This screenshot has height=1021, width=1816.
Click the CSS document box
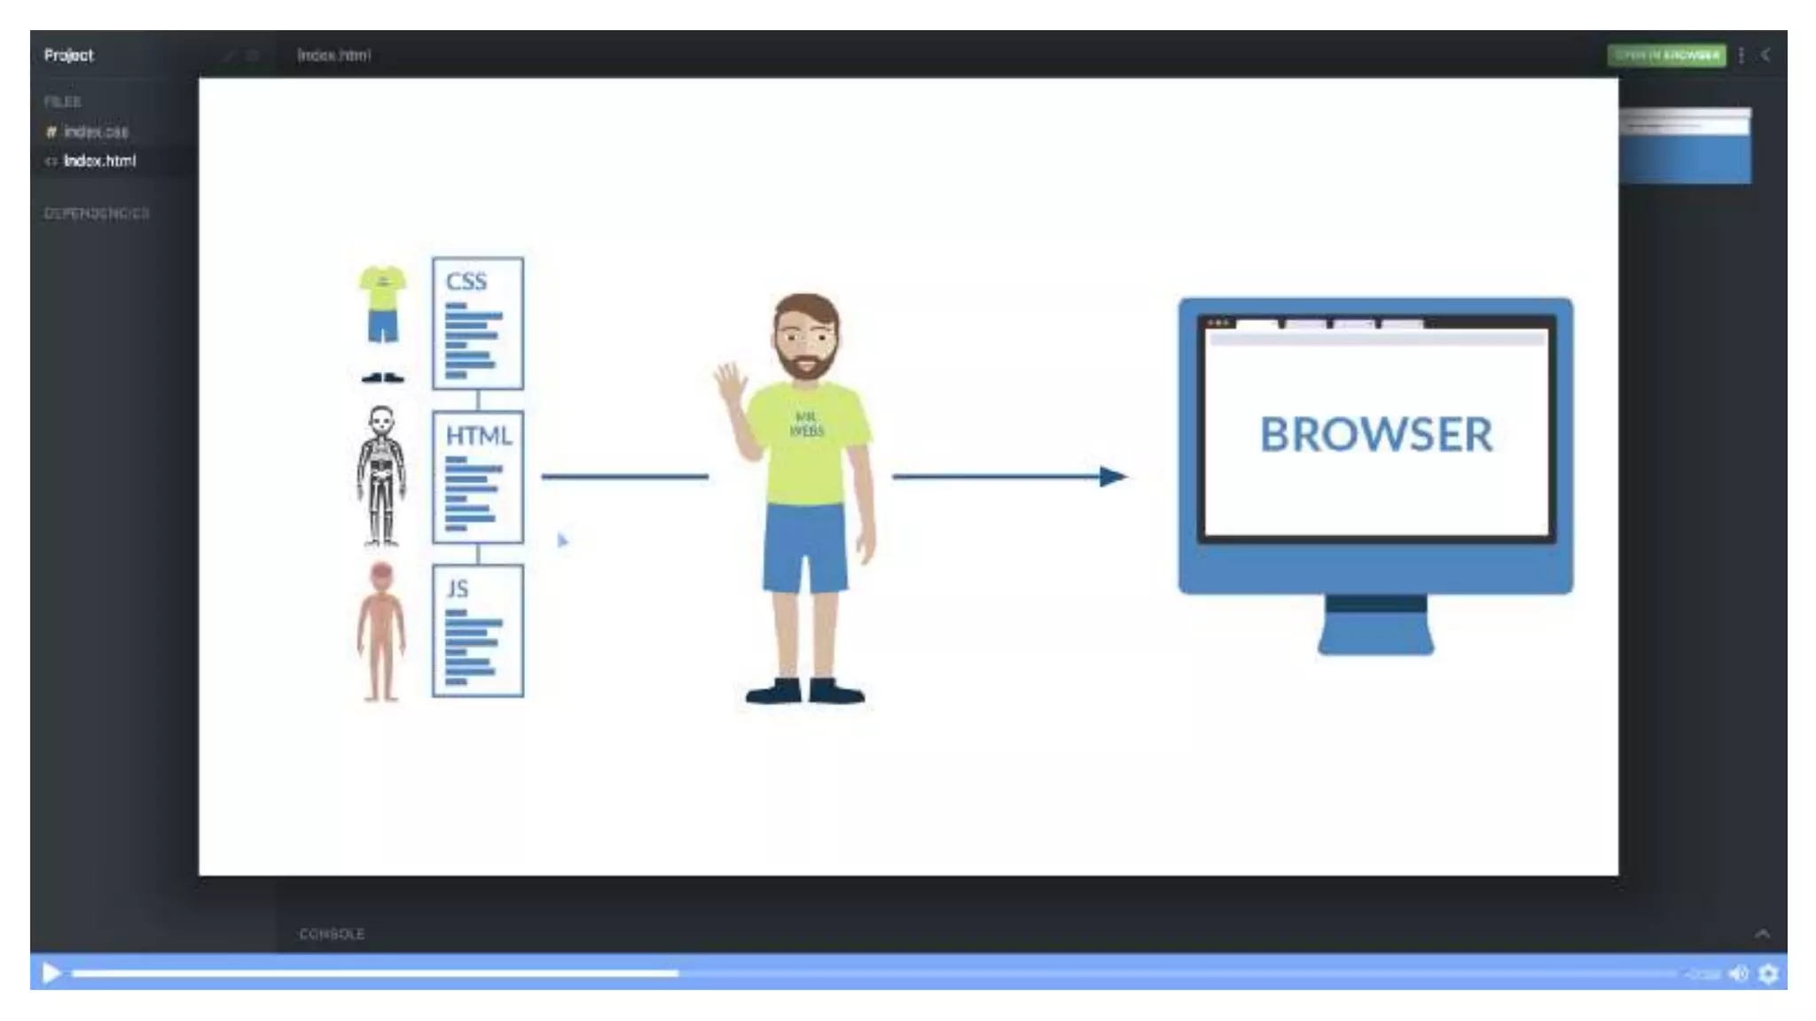(477, 323)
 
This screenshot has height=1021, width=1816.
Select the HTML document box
(477, 477)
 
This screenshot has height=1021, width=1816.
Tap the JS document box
(477, 630)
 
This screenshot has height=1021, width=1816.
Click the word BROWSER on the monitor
(1375, 434)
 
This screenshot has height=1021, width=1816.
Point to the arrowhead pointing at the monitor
(1112, 477)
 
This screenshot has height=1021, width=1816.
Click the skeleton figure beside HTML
(381, 476)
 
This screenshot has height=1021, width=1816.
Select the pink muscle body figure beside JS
(381, 631)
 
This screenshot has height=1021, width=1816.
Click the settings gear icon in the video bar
(1768, 974)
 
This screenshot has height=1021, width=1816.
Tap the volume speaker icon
(1738, 974)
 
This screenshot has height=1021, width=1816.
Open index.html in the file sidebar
(99, 160)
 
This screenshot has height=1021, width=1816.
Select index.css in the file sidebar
(96, 132)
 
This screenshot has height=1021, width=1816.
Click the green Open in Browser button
(1666, 55)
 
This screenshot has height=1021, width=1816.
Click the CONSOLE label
(332, 934)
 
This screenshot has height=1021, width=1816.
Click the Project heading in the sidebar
(68, 55)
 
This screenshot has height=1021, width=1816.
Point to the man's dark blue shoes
(805, 690)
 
